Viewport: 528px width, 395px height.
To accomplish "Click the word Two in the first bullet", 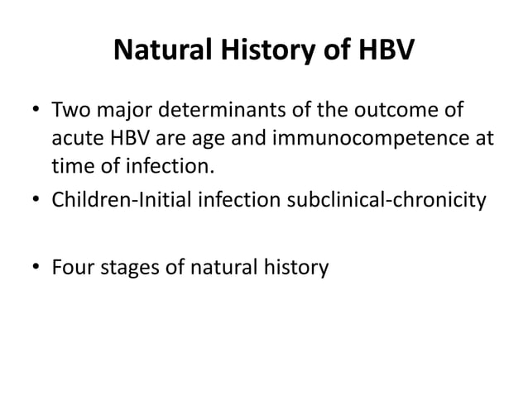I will click(x=70, y=110).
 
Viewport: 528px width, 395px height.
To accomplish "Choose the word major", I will click(x=121, y=110).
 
